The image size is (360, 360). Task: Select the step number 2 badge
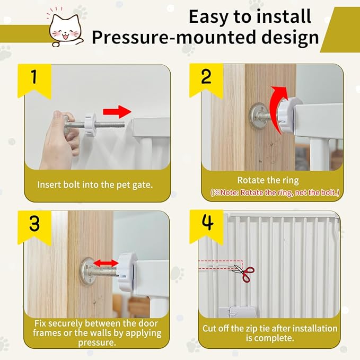point(206,78)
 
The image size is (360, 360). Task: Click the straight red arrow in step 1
point(117,112)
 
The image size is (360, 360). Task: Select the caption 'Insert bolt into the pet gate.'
point(95,185)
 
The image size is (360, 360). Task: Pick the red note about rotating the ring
point(275,192)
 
